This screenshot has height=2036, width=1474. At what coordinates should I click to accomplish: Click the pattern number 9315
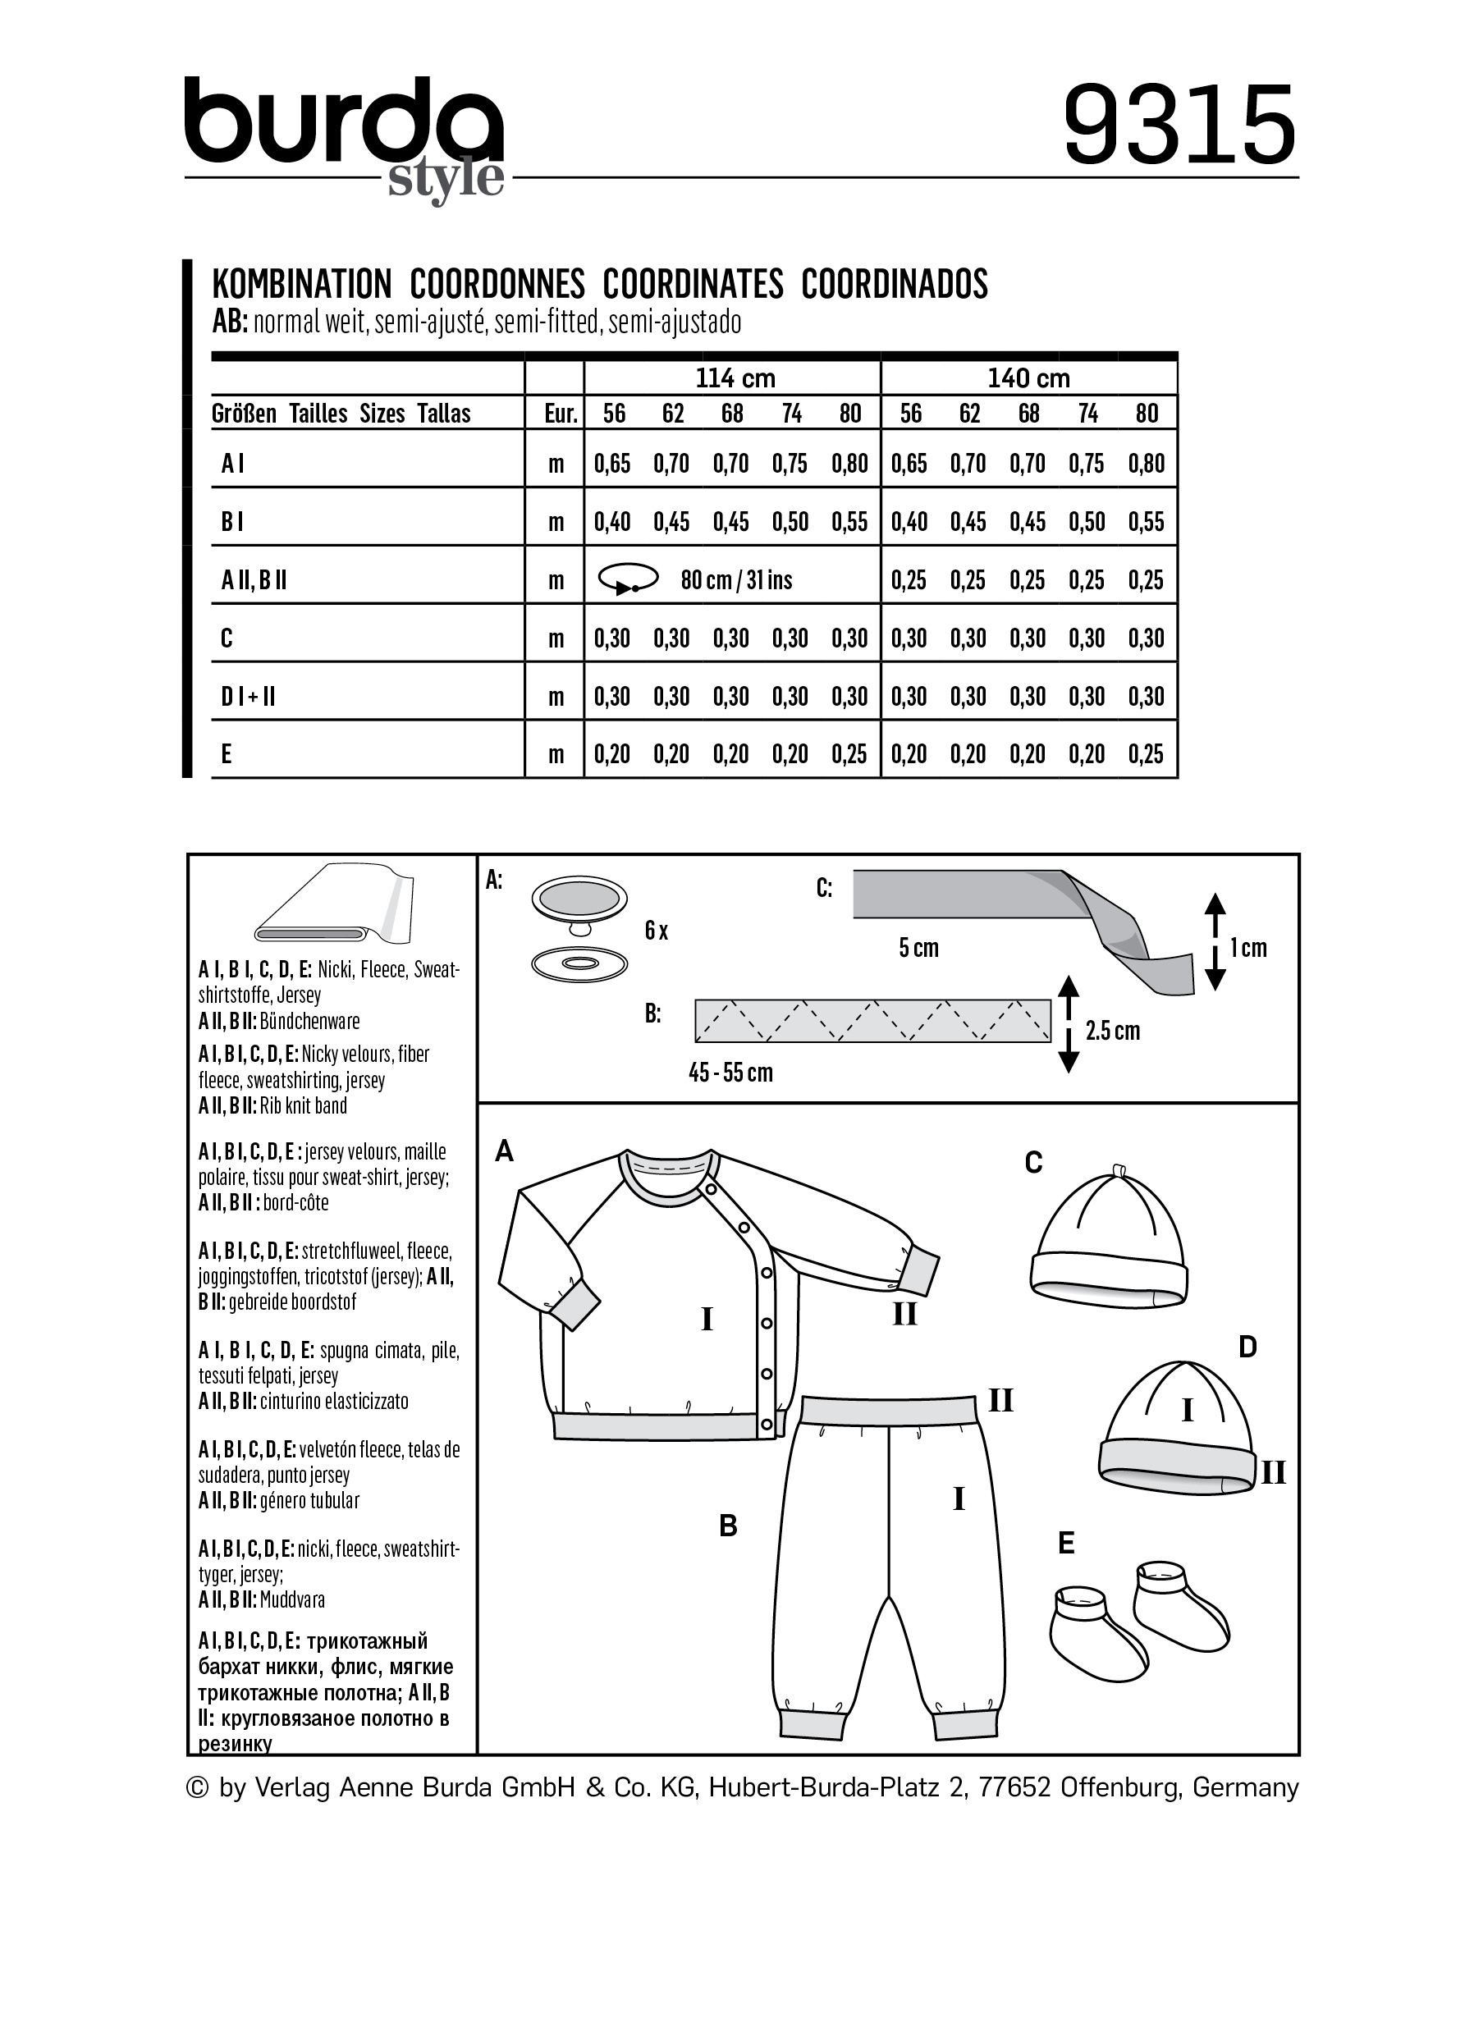(x=1179, y=125)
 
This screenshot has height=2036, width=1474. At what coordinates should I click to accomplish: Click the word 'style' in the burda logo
(x=446, y=179)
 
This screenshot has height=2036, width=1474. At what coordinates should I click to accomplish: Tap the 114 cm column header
(x=735, y=378)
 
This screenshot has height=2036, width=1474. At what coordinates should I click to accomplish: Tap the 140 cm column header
(x=1028, y=378)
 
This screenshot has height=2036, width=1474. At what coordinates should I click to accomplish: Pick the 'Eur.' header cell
(x=561, y=414)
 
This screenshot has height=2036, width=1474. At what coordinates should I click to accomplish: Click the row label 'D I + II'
(x=248, y=696)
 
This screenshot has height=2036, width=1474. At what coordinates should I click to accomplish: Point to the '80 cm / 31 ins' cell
(x=736, y=580)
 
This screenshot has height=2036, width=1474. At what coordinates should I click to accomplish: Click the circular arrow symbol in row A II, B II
(x=628, y=579)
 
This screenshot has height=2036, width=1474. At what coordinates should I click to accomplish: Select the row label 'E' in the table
(x=227, y=754)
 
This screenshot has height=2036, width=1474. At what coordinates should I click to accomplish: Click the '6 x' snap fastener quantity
(x=657, y=931)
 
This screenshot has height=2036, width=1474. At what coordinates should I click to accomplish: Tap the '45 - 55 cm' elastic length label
(x=730, y=1073)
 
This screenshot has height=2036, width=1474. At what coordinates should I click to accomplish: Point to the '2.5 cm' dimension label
(x=1112, y=1031)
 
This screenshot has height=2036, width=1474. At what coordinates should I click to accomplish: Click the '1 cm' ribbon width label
(x=1247, y=948)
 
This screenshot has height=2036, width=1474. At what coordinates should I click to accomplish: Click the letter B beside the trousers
(x=728, y=1526)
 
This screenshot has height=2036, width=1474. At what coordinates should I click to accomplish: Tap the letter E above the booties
(x=1065, y=1543)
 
